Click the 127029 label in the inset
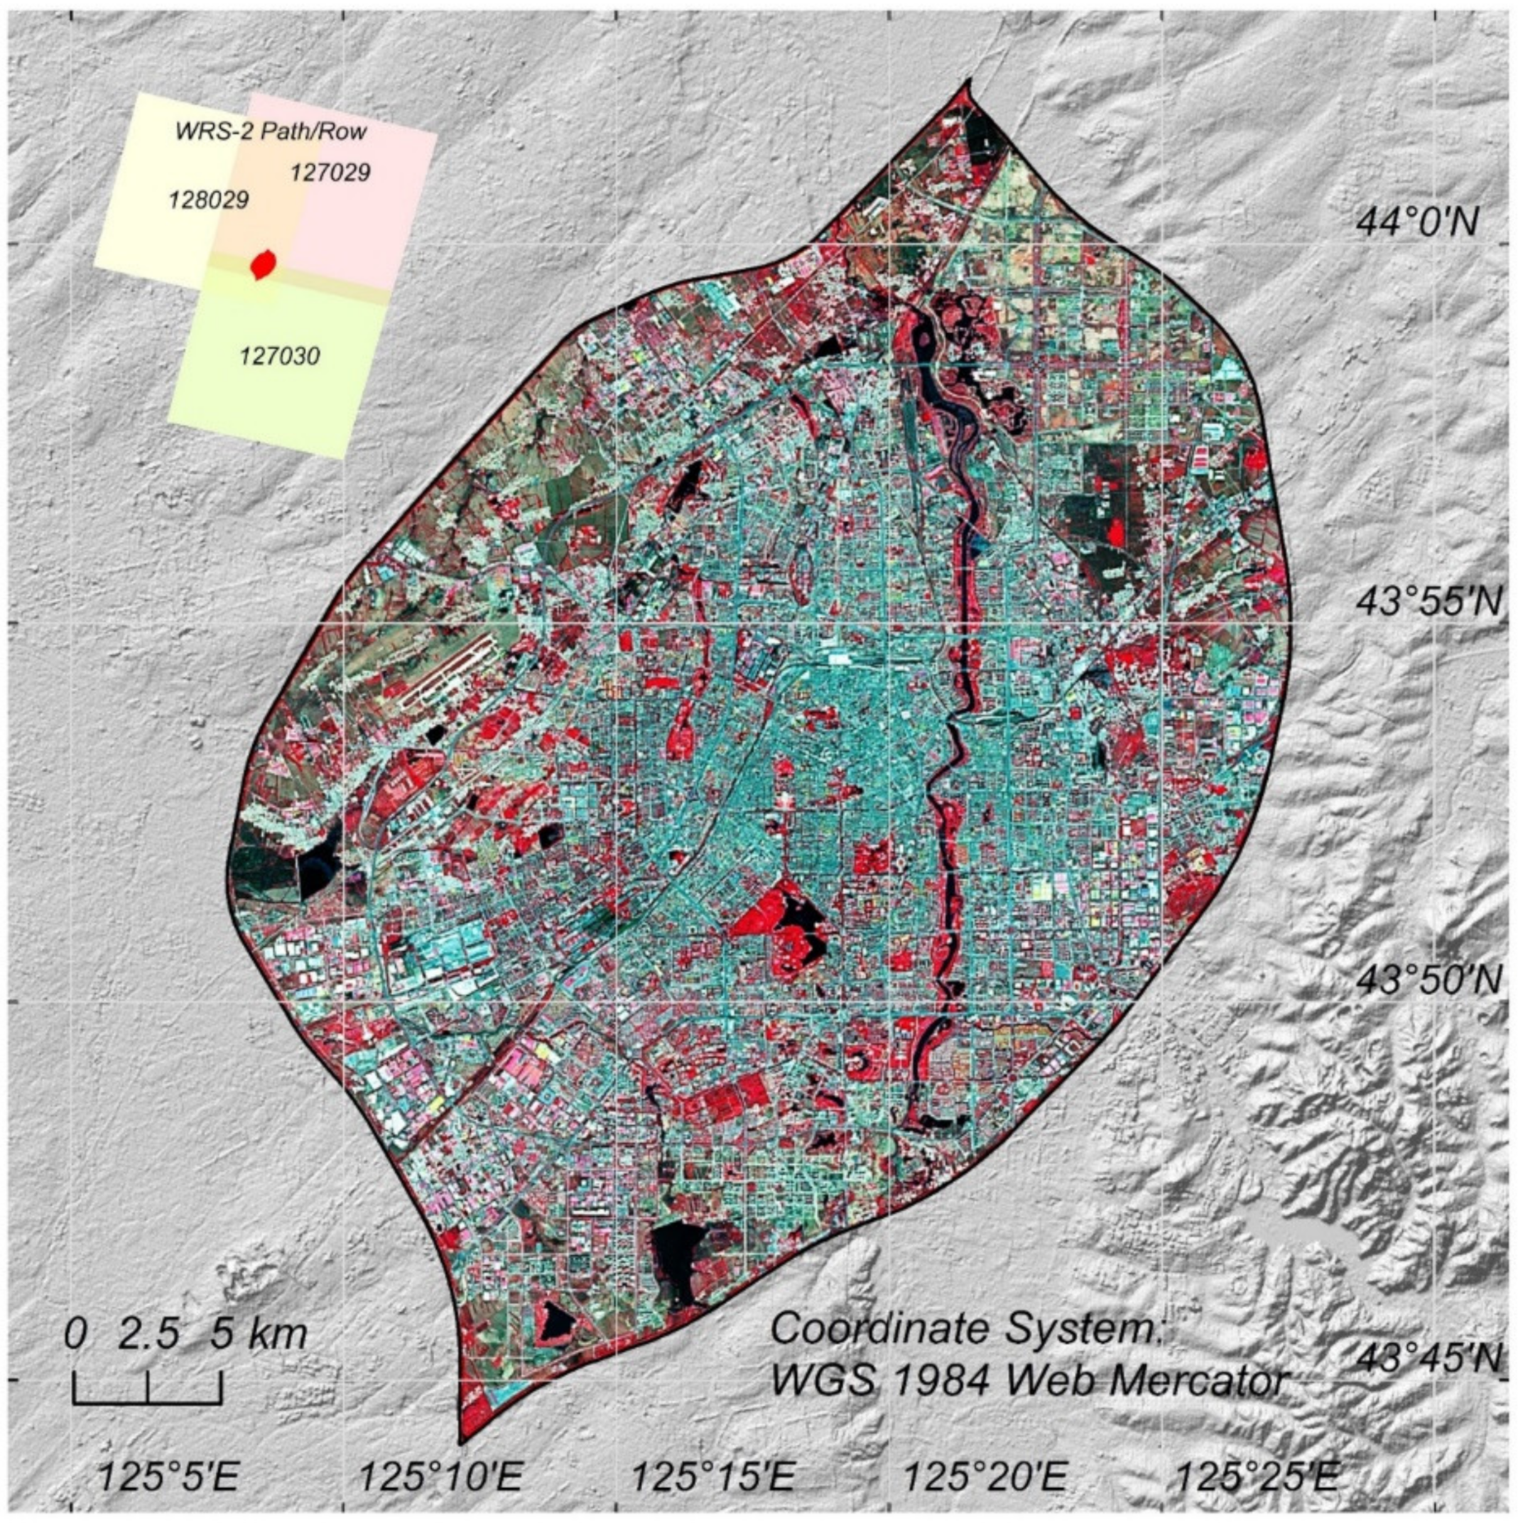pyautogui.click(x=330, y=172)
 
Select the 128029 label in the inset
pyautogui.click(x=209, y=200)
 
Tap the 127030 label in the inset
pyautogui.click(x=280, y=357)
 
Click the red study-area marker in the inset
pyautogui.click(x=262, y=264)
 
